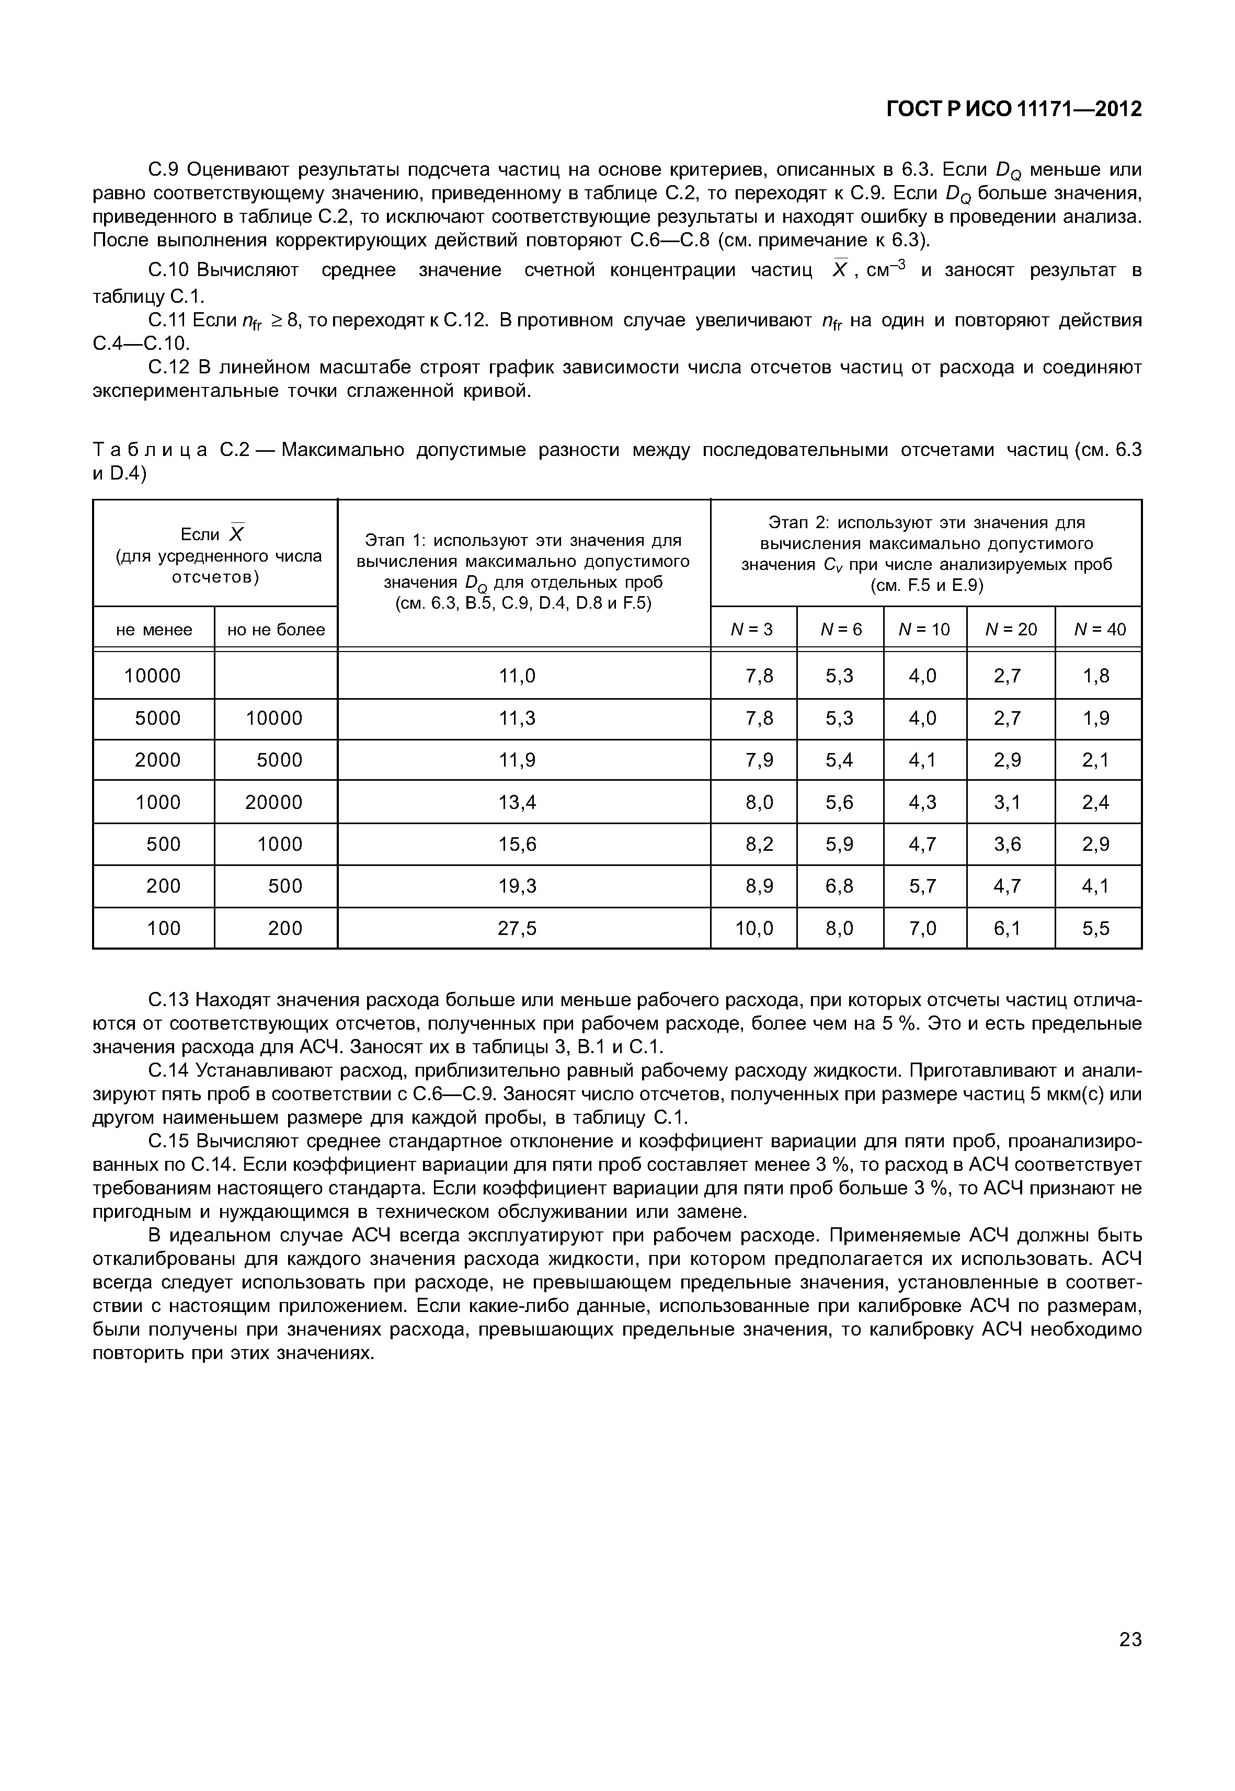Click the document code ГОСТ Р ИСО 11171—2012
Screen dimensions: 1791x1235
[x=1014, y=110]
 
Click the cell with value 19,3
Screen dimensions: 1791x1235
[x=518, y=886]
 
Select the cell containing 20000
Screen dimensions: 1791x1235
[x=274, y=803]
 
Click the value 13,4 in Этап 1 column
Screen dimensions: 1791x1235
[x=518, y=803]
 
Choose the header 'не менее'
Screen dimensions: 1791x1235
[x=154, y=630]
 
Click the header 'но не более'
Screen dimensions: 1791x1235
[x=276, y=630]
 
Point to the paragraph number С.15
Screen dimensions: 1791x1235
[x=167, y=1142]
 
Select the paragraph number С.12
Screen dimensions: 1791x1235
[x=167, y=368]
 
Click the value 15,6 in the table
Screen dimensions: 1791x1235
[x=518, y=845]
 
